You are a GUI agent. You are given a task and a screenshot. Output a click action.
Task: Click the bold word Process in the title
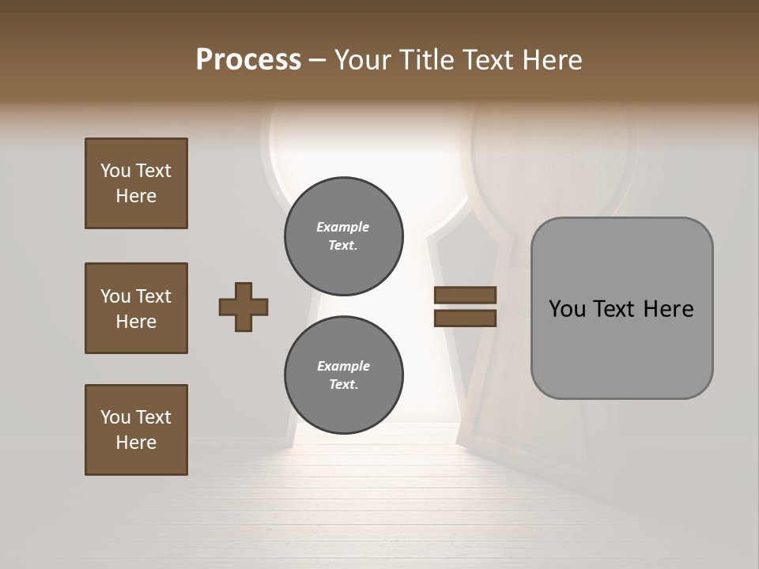(x=248, y=60)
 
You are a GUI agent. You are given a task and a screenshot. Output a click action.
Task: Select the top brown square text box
(x=136, y=183)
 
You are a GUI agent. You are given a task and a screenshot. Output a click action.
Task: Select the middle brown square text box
(x=136, y=308)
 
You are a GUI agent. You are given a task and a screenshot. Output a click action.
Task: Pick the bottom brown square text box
(x=136, y=430)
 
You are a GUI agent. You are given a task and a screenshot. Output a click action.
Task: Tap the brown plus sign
(x=244, y=307)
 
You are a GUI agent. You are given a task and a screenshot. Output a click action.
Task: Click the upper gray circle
(x=343, y=236)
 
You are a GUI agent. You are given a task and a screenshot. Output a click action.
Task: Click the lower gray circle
(x=343, y=375)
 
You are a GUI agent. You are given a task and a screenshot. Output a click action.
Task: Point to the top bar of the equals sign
(x=465, y=296)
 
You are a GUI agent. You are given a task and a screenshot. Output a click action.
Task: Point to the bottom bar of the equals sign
(x=465, y=318)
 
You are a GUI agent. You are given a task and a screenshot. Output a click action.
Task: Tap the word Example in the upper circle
(x=342, y=227)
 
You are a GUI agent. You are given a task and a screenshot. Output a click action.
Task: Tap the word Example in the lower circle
(x=343, y=366)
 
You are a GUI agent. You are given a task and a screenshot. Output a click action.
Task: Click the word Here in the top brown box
(x=136, y=196)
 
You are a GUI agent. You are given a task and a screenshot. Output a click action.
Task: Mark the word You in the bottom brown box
(x=115, y=417)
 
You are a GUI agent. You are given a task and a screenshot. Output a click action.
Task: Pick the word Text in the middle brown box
(x=153, y=296)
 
